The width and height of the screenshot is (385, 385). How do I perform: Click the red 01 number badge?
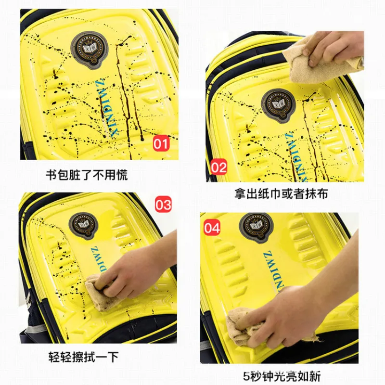(162, 143)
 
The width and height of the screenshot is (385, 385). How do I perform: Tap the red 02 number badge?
(218, 167)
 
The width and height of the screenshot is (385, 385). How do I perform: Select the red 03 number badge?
(163, 205)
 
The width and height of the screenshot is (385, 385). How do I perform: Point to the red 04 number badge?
(212, 228)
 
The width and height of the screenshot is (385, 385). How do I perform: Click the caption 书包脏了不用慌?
(87, 175)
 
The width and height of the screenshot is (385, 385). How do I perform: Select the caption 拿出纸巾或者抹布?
(282, 194)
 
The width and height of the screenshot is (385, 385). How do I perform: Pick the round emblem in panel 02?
(278, 105)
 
